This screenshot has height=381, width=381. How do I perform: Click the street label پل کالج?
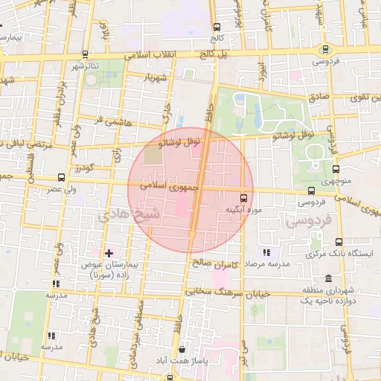pyautogui.click(x=213, y=54)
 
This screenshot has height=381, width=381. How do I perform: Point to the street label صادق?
pyautogui.click(x=318, y=95)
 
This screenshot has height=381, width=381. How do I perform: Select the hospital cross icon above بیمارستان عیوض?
pyautogui.click(x=109, y=253)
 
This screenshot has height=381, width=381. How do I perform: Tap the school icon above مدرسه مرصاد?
pyautogui.click(x=266, y=253)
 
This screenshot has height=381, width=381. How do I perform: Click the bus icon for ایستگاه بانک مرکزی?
pyautogui.click(x=339, y=242)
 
